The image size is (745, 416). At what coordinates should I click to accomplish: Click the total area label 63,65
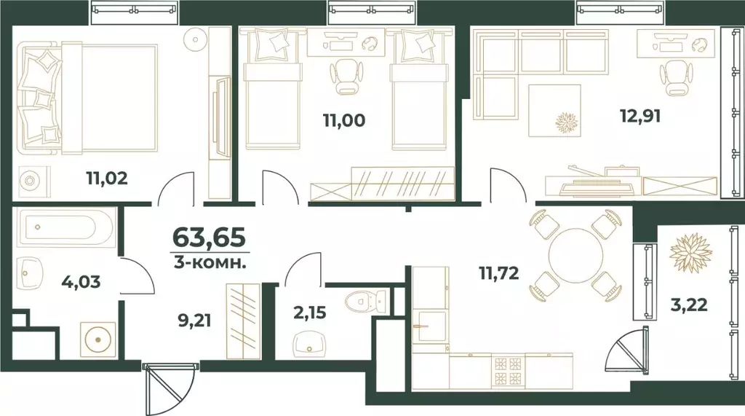point(209,238)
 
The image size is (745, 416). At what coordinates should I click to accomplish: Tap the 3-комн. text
point(210,261)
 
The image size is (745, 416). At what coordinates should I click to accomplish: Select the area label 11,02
point(107,177)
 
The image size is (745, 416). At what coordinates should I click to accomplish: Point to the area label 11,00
point(343,120)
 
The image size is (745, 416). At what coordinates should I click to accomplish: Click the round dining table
point(575,254)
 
